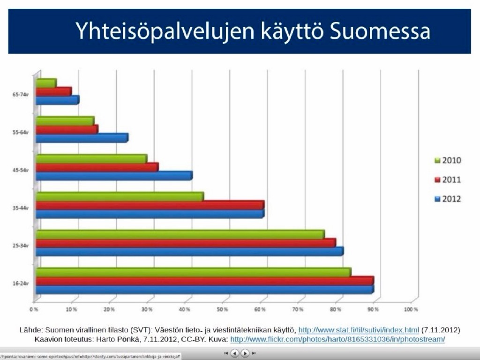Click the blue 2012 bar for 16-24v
click(204, 290)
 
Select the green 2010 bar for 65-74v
click(46, 83)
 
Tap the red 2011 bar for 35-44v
click(150, 205)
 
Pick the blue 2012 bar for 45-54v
click(114, 176)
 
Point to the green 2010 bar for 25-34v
click(180, 234)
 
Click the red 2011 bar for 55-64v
click(67, 129)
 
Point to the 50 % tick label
click(222, 310)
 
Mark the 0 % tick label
click(34, 310)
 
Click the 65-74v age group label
click(21, 94)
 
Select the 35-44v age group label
click(21, 207)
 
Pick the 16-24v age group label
click(21, 283)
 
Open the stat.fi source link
click(359, 330)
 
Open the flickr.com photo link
click(337, 339)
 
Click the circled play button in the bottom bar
click(245, 353)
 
